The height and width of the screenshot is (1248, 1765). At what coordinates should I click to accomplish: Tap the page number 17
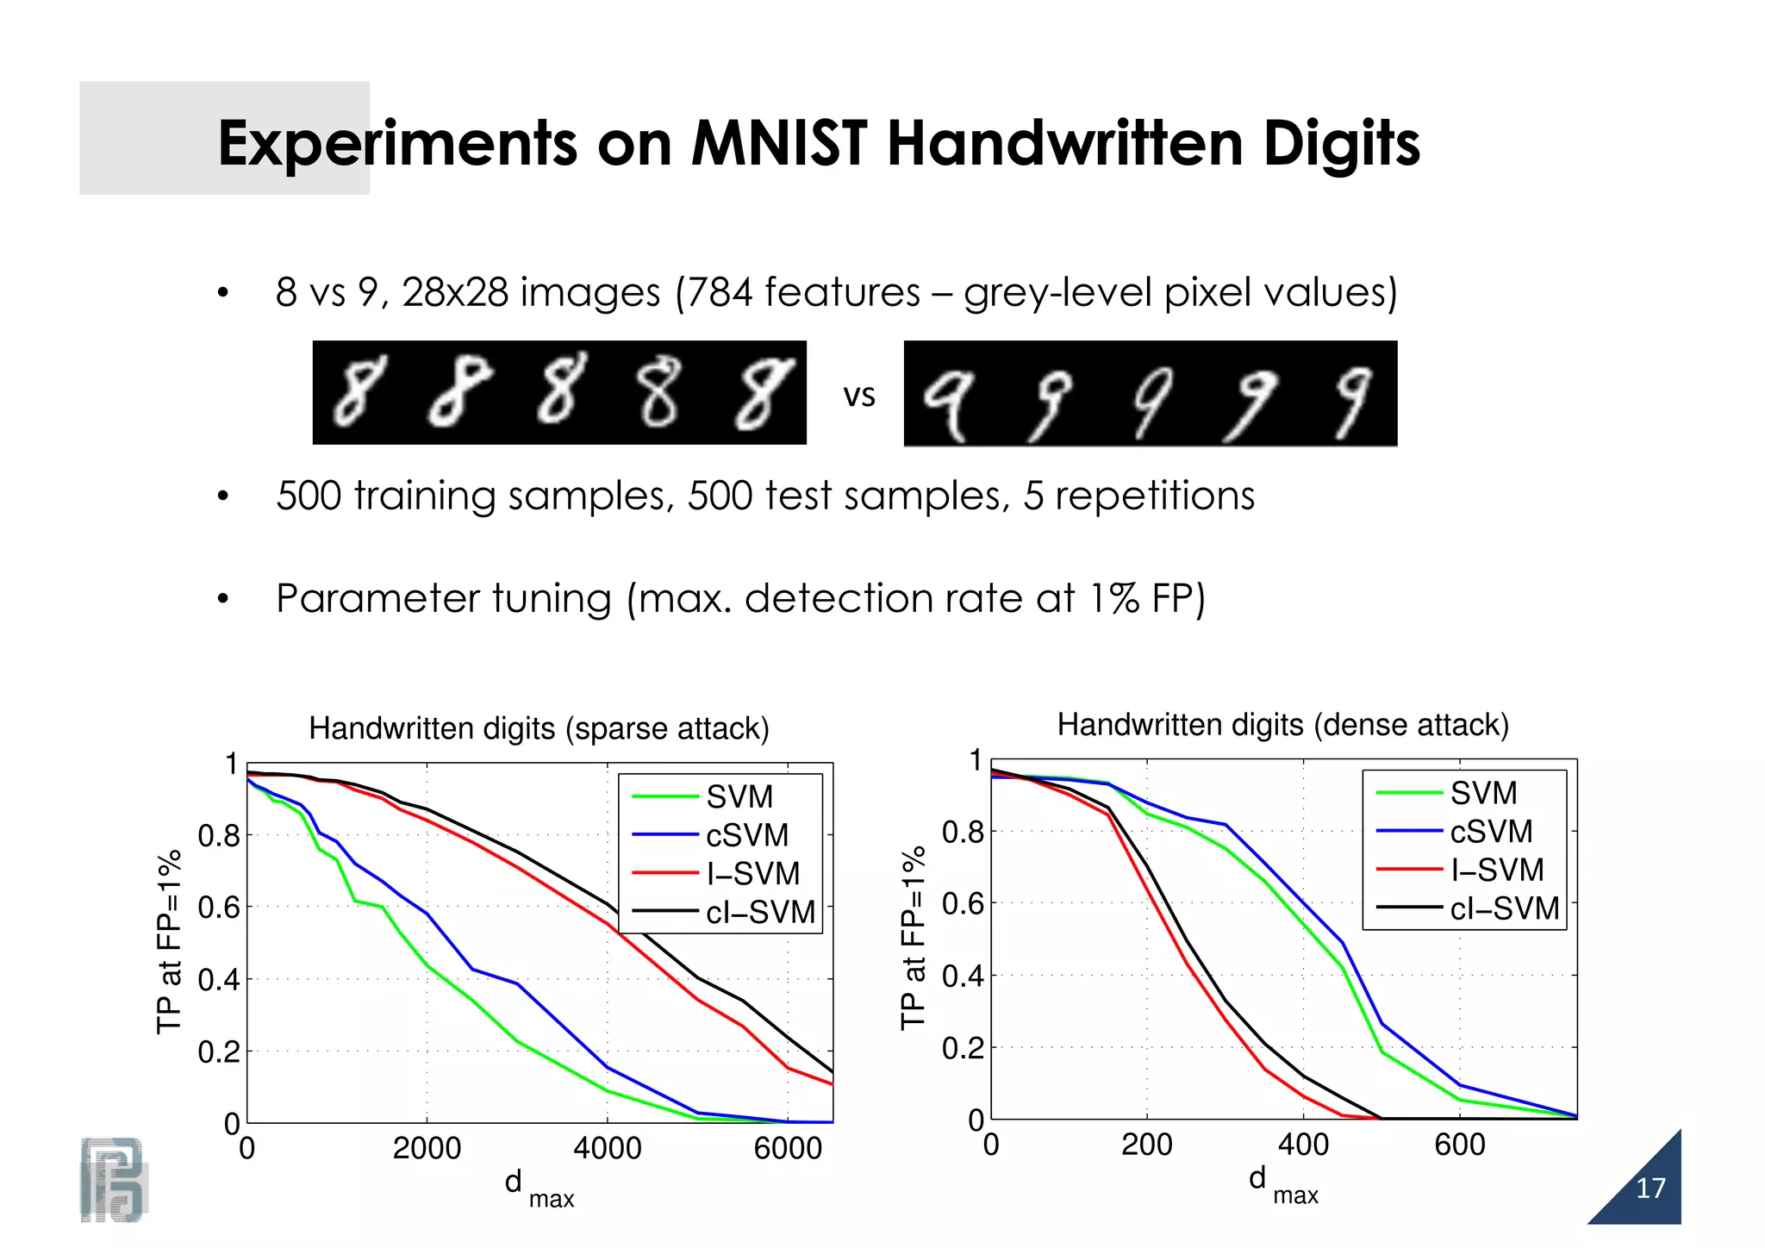pos(1650,1189)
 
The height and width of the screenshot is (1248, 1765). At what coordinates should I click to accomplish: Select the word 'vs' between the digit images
pos(858,396)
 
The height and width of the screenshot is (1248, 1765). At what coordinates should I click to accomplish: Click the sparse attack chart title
pos(539,729)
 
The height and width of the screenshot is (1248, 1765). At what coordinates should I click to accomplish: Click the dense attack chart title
pos(1282,725)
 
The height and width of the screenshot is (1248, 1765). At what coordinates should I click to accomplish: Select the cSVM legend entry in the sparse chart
pos(746,835)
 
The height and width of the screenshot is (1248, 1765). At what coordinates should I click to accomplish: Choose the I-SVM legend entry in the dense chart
pos(1496,870)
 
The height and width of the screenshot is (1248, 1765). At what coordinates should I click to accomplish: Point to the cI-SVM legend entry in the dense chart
pos(1504,908)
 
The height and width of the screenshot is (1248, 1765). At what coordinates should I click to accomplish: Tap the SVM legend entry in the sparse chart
pos(739,796)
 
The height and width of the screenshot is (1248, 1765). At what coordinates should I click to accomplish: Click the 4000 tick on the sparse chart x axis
pos(607,1149)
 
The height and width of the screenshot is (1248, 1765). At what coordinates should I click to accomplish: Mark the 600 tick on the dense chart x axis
pos(1459,1145)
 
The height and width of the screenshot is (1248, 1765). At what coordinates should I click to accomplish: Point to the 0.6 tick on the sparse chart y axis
pos(218,908)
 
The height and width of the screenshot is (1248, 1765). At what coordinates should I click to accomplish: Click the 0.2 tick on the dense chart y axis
pos(962,1049)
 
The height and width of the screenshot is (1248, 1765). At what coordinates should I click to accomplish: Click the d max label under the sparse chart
pos(538,1188)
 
